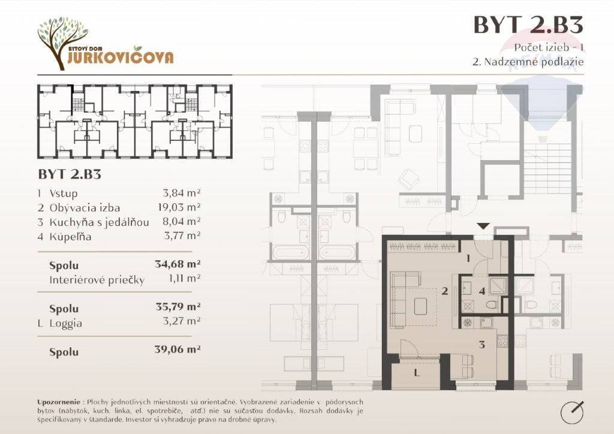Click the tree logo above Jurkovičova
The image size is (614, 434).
click(62, 41)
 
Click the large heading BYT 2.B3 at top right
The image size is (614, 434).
click(528, 25)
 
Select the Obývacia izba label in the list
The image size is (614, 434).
click(85, 208)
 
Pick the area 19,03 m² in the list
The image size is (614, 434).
click(179, 207)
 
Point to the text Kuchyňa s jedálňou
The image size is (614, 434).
click(99, 222)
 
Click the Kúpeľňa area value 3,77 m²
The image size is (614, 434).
click(182, 236)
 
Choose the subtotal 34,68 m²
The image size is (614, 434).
click(177, 264)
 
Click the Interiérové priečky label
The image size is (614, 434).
click(97, 280)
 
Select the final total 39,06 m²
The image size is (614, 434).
click(177, 349)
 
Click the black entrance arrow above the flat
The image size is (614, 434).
click(484, 226)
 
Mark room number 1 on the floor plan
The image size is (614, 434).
click(468, 258)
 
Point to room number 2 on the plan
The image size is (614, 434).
click(444, 291)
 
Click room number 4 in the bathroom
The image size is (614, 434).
click(482, 291)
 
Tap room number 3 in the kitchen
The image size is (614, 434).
click(482, 344)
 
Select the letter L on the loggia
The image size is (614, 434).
click(417, 373)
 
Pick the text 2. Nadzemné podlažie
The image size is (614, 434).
click(528, 62)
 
